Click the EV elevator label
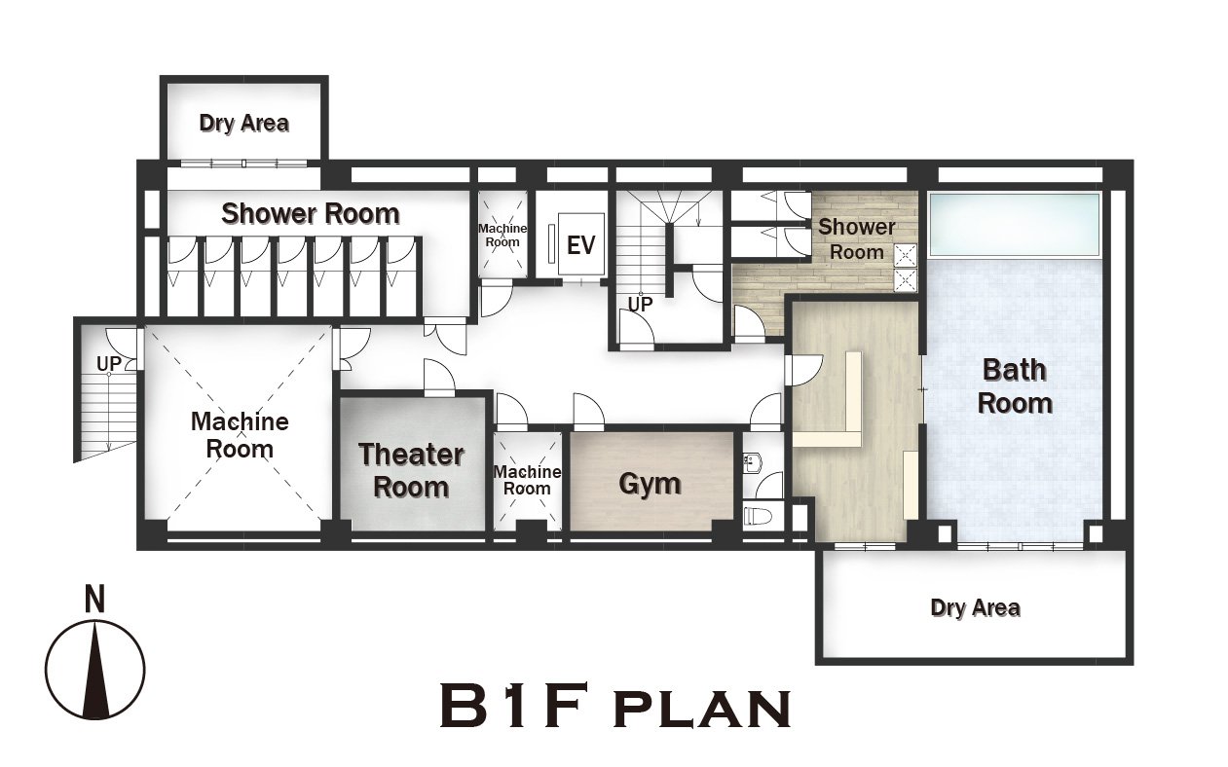click(580, 245)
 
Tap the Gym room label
click(650, 484)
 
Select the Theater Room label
click(411, 470)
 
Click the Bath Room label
click(1015, 386)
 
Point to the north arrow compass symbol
click(94, 670)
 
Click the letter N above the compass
click(94, 599)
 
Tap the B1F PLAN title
click(615, 705)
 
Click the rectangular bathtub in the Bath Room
click(1014, 225)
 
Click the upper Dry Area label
click(244, 124)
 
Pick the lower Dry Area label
click(975, 607)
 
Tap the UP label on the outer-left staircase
click(108, 363)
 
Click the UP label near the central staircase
click(640, 304)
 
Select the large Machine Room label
click(241, 435)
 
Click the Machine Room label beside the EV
click(502, 235)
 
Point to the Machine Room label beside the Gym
click(528, 480)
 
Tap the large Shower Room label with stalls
click(311, 214)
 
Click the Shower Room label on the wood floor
click(856, 239)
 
